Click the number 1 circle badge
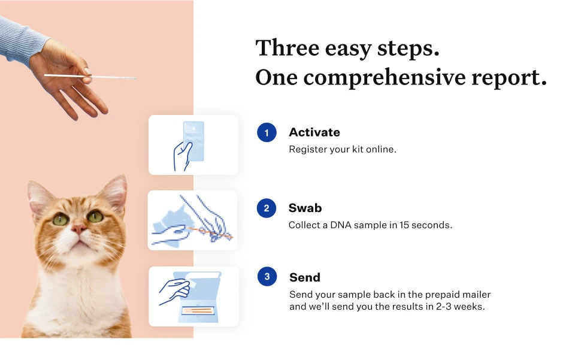(267, 132)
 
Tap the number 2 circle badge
(267, 208)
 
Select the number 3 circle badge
(267, 276)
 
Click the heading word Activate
(314, 132)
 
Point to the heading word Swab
(305, 208)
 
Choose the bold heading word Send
(305, 277)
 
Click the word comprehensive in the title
(385, 78)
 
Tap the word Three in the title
(288, 48)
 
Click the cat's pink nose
(79, 228)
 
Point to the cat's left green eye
(60, 220)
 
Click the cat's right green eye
(95, 216)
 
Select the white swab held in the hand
(90, 77)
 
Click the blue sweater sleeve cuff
(22, 41)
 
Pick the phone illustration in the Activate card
(194, 141)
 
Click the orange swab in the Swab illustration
(210, 232)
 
